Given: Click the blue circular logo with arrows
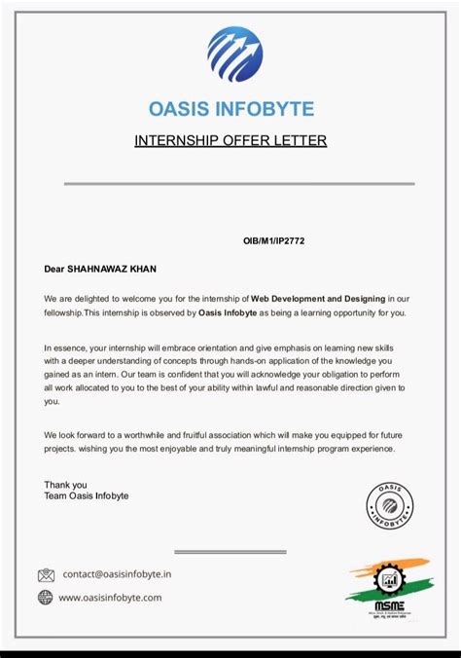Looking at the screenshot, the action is (234, 55).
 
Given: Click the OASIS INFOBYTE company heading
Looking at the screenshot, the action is (230, 108).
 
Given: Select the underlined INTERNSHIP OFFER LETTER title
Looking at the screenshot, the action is (230, 141).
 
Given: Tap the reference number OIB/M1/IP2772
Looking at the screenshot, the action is (277, 239).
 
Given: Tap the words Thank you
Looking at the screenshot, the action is (65, 484).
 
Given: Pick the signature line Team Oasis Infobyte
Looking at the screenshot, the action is (86, 495).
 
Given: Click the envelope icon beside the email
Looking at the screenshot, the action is (46, 575).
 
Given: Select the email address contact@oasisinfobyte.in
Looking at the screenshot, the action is (118, 574).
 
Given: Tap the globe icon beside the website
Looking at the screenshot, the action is (46, 598).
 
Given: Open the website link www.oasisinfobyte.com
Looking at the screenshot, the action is (110, 598).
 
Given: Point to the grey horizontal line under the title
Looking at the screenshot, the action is (239, 183).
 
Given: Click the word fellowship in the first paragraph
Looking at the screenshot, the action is (63, 312).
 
